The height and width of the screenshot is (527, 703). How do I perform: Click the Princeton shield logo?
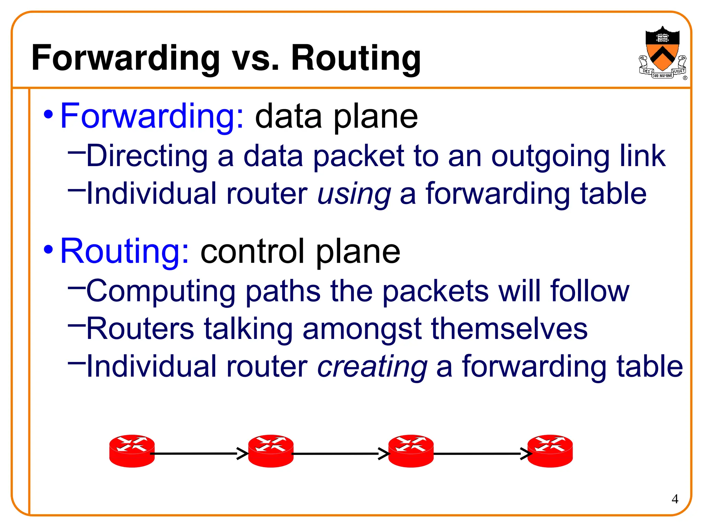point(662,53)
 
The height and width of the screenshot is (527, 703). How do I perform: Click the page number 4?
point(675,499)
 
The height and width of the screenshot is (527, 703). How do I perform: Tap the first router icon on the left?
point(132,451)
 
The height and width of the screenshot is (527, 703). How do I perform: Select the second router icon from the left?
point(271,451)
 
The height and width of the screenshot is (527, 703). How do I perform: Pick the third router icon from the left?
point(411,451)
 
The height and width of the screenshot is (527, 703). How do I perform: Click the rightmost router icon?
point(550,451)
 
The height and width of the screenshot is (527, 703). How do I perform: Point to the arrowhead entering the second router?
point(243,454)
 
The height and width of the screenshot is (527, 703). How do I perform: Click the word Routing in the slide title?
point(356,58)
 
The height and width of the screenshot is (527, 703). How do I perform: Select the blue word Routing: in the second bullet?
point(124,251)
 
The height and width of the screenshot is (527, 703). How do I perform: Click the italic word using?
point(354,194)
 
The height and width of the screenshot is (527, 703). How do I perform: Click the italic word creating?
point(372,367)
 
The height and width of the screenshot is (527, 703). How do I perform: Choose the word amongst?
point(362,329)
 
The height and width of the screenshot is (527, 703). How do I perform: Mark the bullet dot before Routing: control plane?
point(48,249)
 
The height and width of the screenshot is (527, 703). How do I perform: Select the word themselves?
point(509,329)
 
